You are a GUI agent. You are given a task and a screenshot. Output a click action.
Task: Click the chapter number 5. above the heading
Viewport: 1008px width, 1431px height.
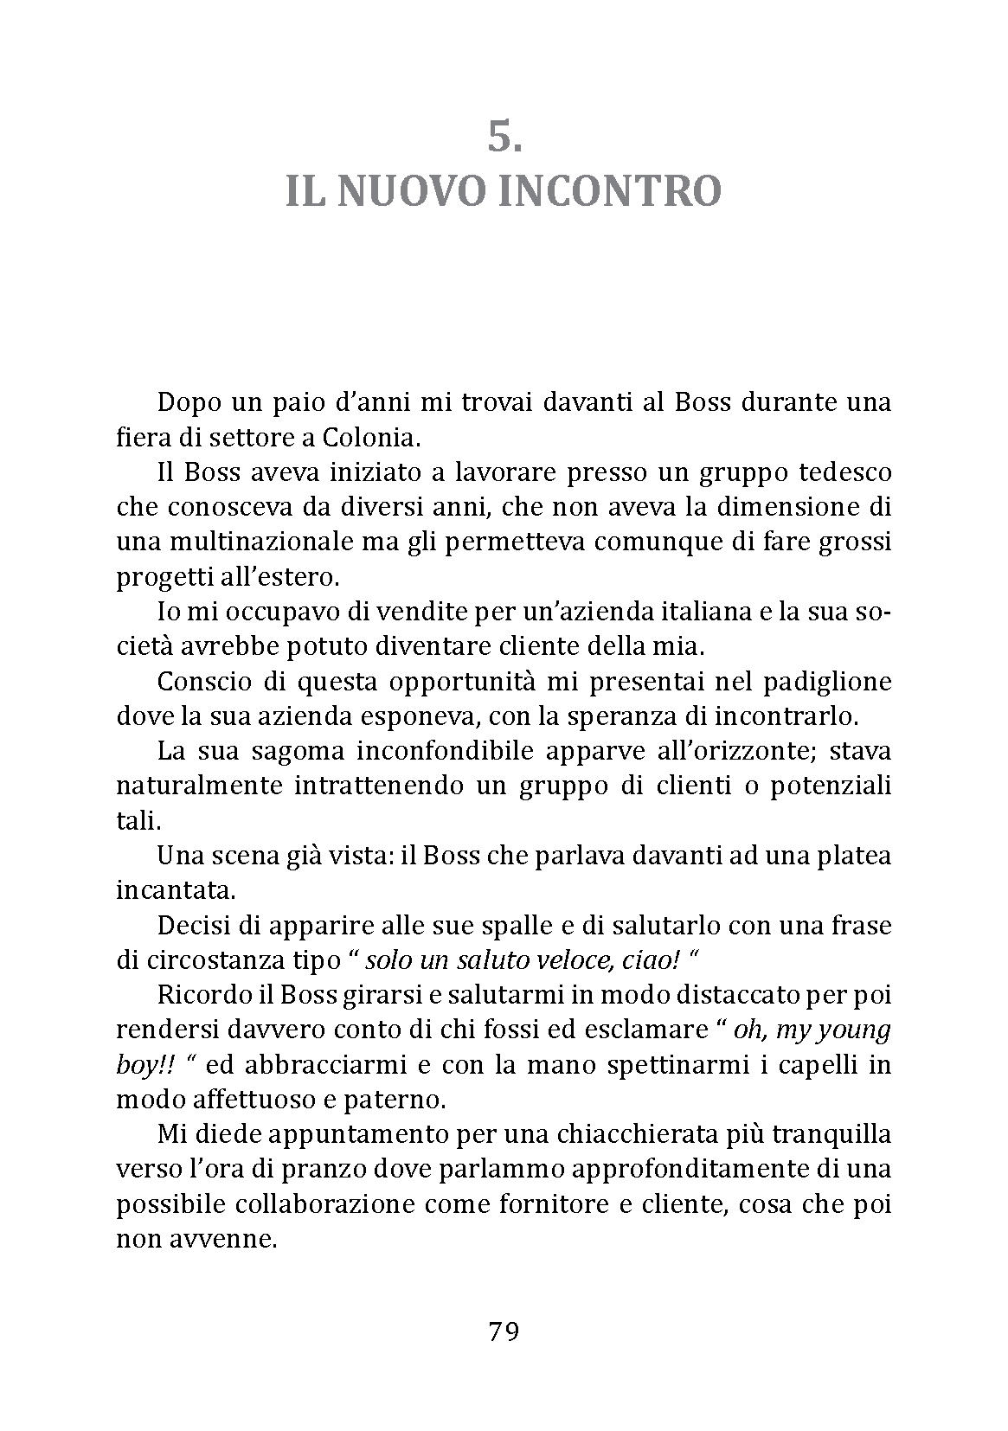504,137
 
